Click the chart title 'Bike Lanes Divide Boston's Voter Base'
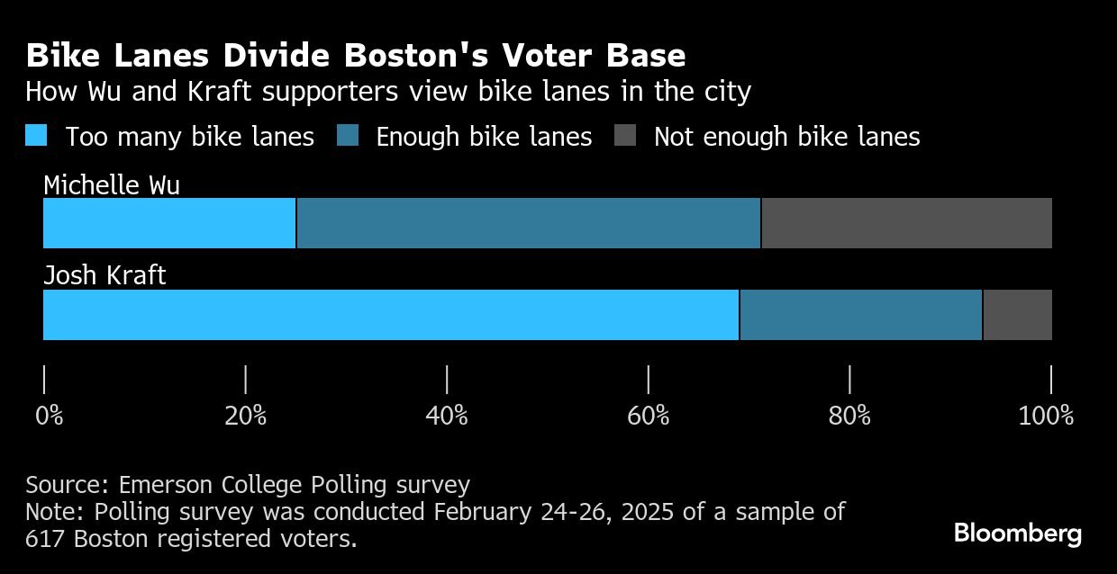point(356,56)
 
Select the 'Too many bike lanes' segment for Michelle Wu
point(169,223)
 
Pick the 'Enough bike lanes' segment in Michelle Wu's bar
point(529,223)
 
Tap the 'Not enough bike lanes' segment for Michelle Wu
point(906,223)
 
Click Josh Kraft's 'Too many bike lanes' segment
point(391,315)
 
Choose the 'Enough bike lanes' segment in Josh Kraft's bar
point(861,315)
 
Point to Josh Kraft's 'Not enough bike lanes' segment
point(1017,315)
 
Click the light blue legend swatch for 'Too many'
point(36,136)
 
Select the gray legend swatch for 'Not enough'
point(625,136)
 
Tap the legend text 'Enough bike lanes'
point(484,137)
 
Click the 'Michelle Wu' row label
point(112,185)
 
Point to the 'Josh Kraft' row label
point(104,274)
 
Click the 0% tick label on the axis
point(49,416)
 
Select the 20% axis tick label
point(245,416)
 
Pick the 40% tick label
point(447,416)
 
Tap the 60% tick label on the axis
point(649,416)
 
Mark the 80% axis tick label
point(849,416)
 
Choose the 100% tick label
point(1046,416)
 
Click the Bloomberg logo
point(1018,534)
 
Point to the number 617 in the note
point(46,539)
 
